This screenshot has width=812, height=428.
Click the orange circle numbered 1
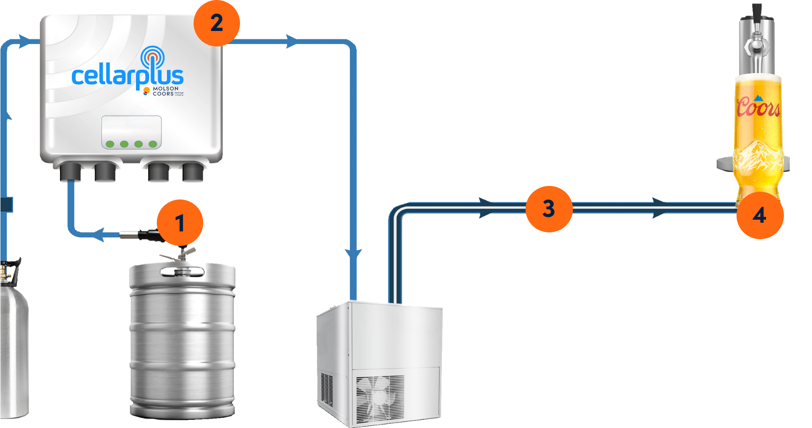pyautogui.click(x=180, y=223)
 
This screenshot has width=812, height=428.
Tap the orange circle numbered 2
pyautogui.click(x=216, y=23)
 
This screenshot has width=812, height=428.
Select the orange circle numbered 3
pyautogui.click(x=549, y=209)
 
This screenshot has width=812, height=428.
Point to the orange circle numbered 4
pyautogui.click(x=759, y=215)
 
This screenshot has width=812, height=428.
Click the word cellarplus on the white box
pyautogui.click(x=127, y=76)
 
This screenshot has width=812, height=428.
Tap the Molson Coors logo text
pyautogui.click(x=165, y=92)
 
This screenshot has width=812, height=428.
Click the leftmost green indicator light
pyautogui.click(x=110, y=144)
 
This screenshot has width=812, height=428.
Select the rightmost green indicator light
pyautogui.click(x=153, y=144)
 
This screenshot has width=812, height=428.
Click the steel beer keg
pyautogui.click(x=182, y=339)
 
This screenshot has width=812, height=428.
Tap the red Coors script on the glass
pyautogui.click(x=758, y=107)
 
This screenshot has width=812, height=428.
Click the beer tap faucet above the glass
pyautogui.click(x=756, y=46)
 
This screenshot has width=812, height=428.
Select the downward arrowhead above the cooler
pyautogui.click(x=354, y=254)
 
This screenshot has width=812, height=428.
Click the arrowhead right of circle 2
pyautogui.click(x=291, y=42)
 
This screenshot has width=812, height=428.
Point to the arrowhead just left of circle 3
pyautogui.click(x=486, y=208)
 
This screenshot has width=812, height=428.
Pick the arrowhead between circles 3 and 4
pyautogui.click(x=660, y=208)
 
